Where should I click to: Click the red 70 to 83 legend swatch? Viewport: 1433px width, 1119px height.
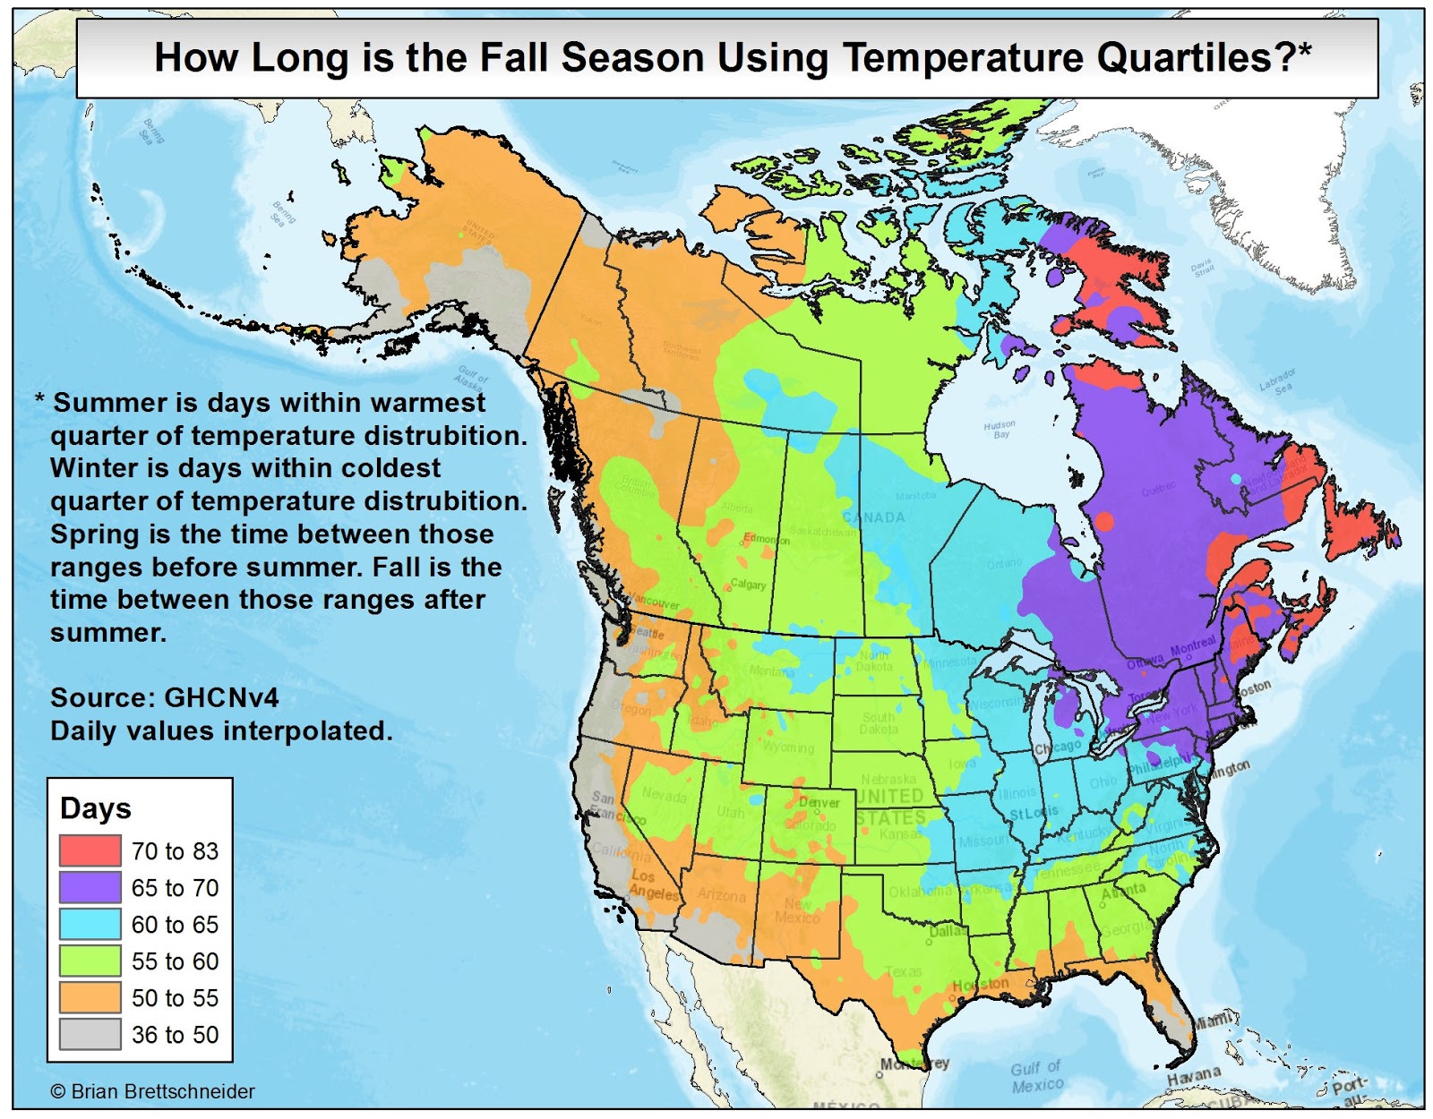[90, 850]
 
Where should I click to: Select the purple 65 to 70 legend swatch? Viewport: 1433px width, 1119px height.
[90, 887]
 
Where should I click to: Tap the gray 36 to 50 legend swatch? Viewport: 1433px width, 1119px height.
[90, 1034]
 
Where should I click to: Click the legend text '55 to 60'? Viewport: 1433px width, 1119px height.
[175, 961]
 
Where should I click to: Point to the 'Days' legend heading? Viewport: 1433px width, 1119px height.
[95, 808]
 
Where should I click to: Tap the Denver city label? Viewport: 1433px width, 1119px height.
[819, 802]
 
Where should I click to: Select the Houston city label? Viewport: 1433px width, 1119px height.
[980, 985]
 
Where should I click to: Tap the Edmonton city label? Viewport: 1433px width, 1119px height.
[767, 539]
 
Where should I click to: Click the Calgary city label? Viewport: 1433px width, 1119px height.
[748, 585]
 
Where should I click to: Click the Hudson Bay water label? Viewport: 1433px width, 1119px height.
[1000, 429]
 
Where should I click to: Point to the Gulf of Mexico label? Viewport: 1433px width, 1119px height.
[1036, 1076]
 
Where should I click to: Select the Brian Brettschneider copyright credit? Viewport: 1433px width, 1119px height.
[152, 1091]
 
